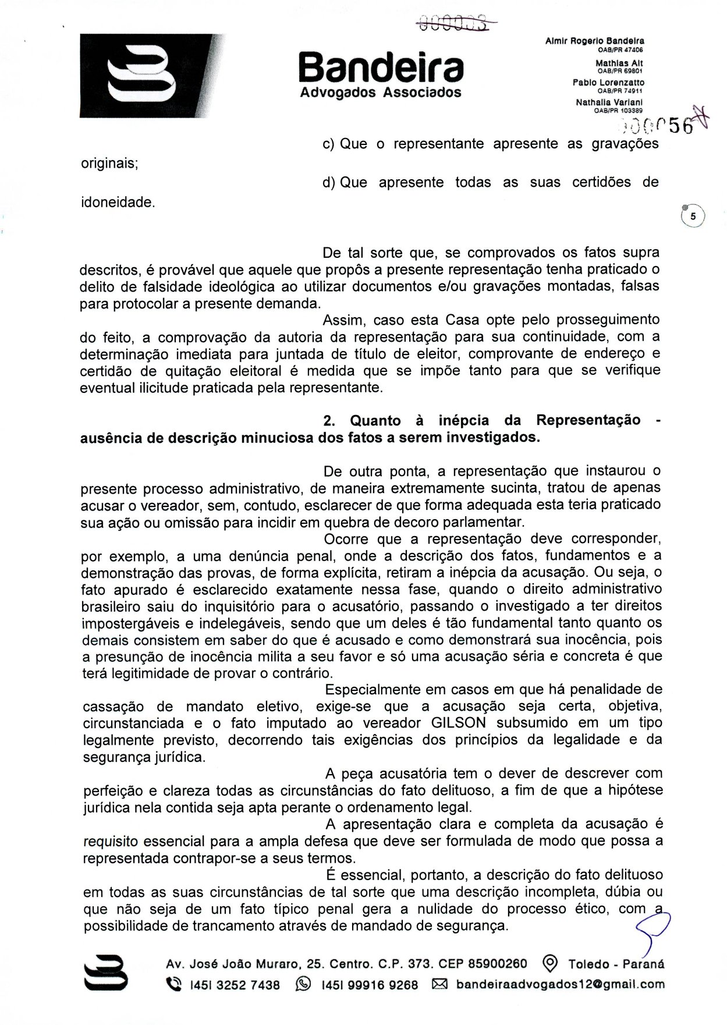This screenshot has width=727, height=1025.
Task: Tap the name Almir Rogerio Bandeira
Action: (x=594, y=41)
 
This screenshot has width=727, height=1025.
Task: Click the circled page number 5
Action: (x=693, y=215)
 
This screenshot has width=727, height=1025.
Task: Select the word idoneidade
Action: (x=118, y=203)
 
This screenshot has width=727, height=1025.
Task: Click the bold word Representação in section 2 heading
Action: (x=588, y=420)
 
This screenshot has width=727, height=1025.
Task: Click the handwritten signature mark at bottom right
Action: (x=654, y=928)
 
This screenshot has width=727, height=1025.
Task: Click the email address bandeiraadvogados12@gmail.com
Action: (x=560, y=984)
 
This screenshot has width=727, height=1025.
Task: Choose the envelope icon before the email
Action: (x=439, y=984)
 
